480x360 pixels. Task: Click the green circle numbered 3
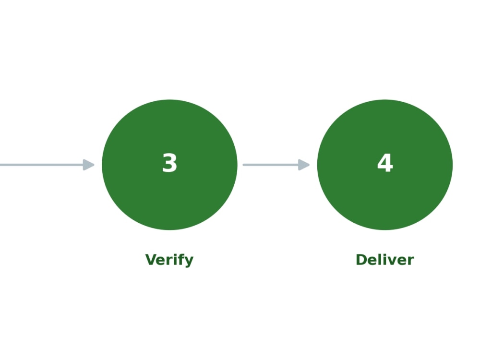[x=169, y=165]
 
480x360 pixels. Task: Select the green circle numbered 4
[x=385, y=165]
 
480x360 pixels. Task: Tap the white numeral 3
[x=169, y=163]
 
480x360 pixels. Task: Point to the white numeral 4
[x=385, y=163]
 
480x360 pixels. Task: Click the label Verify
[x=169, y=260]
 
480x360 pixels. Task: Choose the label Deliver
[x=385, y=260]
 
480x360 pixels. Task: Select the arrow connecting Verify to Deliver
[x=276, y=165]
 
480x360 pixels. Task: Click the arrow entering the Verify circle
[x=47, y=165]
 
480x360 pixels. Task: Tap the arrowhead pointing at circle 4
[x=304, y=165]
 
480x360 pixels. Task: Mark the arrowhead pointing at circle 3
[x=88, y=165]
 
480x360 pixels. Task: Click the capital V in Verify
[x=151, y=260]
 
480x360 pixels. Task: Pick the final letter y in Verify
[x=189, y=262]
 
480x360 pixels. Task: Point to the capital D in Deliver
[x=361, y=260]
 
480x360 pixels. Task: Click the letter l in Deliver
[x=381, y=259]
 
